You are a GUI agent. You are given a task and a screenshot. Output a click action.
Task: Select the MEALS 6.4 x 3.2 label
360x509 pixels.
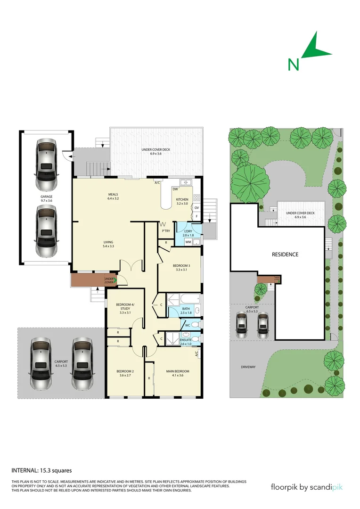(x=113, y=196)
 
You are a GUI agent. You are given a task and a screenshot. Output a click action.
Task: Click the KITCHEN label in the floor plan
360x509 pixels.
(x=182, y=202)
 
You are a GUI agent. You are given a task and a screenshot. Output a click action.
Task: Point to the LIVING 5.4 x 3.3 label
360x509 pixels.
(x=109, y=244)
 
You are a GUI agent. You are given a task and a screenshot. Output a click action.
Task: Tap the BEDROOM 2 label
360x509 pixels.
(x=124, y=373)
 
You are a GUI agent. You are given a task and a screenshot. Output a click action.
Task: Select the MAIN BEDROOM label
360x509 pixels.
(x=178, y=373)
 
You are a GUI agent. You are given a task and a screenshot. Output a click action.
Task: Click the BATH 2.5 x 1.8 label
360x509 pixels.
(x=186, y=311)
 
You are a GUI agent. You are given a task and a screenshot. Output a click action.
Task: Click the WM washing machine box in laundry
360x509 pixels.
(x=188, y=242)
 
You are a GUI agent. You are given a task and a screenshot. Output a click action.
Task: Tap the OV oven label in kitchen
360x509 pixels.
(x=197, y=207)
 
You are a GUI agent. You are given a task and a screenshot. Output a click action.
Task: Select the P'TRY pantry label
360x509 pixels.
(x=165, y=231)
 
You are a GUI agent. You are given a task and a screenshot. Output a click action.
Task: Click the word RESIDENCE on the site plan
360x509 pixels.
(x=285, y=254)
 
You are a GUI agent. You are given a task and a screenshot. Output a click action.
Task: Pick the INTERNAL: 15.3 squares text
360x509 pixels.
(x=41, y=470)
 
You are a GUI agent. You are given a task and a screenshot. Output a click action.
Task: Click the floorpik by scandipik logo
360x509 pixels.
(x=307, y=486)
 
